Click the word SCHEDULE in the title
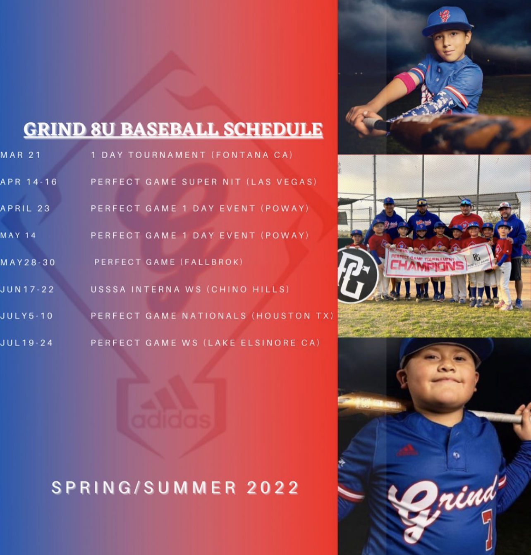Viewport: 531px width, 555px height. [x=273, y=129]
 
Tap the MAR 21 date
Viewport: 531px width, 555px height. [x=21, y=155]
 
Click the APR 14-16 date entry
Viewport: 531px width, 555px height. [x=29, y=182]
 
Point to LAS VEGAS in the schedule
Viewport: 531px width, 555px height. [x=282, y=182]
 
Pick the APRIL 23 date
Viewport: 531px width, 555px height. [x=25, y=209]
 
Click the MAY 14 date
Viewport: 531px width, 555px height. [x=18, y=236]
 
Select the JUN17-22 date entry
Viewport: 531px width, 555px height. [x=27, y=289]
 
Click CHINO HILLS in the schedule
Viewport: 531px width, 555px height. [x=250, y=289]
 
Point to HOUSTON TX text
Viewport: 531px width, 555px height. [x=294, y=316]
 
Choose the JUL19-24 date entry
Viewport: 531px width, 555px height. [x=26, y=343]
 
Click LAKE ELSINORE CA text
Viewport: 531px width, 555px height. [x=262, y=343]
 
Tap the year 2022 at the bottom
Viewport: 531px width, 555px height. [x=273, y=488]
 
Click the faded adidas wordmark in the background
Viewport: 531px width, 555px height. [x=171, y=420]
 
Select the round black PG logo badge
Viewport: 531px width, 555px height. [x=357, y=274]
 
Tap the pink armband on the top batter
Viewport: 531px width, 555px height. [x=407, y=79]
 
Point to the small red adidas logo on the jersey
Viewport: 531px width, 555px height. [x=407, y=450]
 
